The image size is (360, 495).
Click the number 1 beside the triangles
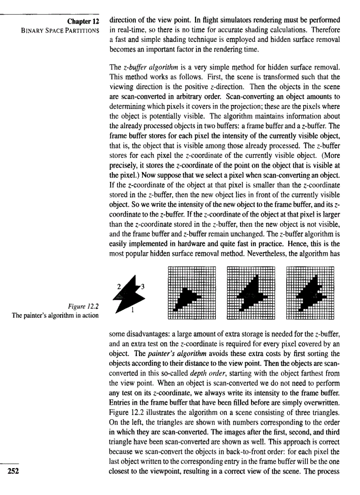[x=133, y=310]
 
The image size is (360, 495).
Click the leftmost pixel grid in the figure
[x=191, y=292]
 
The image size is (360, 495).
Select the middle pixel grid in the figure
[x=251, y=292]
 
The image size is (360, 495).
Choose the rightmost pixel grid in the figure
[x=310, y=292]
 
